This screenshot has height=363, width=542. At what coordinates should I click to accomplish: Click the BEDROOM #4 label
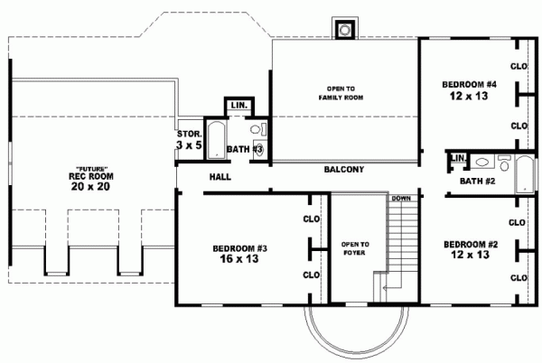point(465,84)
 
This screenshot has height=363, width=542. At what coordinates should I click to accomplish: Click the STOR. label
point(188,135)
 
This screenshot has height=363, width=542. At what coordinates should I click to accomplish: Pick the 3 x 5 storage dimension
point(188,144)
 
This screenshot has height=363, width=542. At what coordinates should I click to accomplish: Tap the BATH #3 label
point(244,149)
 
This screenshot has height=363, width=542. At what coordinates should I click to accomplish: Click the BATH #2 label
point(476,181)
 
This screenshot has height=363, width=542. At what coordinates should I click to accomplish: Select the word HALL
point(220,177)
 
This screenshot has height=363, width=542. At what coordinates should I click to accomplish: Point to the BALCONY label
point(343,169)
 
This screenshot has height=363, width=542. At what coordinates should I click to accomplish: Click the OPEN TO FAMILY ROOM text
point(345,92)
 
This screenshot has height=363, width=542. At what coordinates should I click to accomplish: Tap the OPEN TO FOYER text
point(355,248)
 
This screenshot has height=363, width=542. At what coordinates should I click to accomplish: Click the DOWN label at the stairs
point(401,198)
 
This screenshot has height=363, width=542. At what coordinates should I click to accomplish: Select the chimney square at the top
point(344,29)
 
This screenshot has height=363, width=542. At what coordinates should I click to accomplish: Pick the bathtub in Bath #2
point(525,172)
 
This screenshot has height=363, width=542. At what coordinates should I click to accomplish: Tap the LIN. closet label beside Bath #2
point(457,159)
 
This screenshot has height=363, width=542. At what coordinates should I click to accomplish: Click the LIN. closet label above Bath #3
point(239,106)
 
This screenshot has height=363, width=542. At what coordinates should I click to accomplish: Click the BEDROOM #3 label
point(239,247)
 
